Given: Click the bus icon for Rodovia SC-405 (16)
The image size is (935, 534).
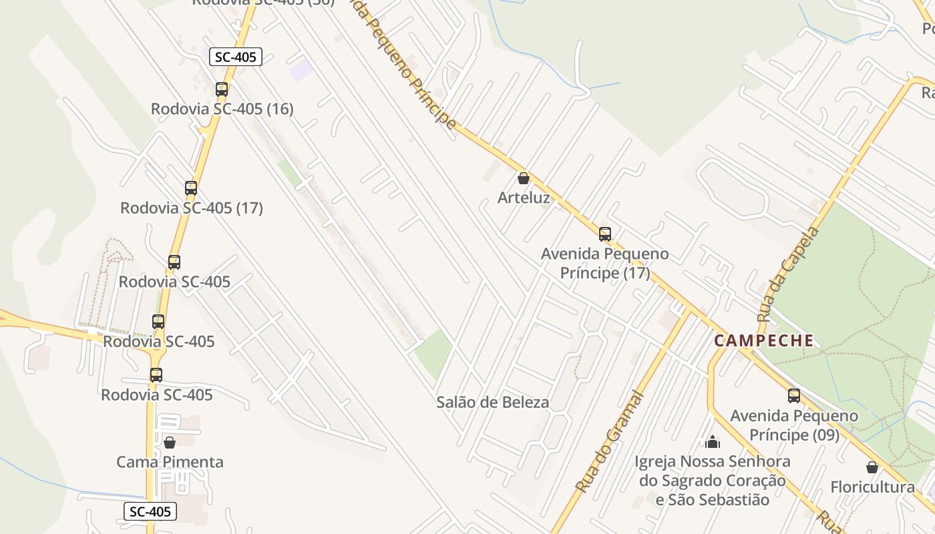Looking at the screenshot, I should click(x=221, y=89).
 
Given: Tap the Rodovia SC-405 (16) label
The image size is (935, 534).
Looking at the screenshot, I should click(x=222, y=109).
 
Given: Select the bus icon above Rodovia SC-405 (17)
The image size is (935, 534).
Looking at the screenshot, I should click(x=191, y=188).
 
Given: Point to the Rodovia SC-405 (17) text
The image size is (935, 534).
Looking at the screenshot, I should click(x=191, y=208).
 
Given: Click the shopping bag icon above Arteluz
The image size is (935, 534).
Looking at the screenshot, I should click(x=524, y=178).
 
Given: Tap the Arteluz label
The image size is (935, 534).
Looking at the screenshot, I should click(x=524, y=198).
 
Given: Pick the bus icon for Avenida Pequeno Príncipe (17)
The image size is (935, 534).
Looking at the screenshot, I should click(x=605, y=234).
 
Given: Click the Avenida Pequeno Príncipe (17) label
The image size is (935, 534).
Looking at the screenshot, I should click(x=604, y=264).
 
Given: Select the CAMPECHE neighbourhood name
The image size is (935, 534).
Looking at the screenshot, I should click(x=764, y=340).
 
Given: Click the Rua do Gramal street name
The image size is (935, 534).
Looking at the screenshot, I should click(x=610, y=442).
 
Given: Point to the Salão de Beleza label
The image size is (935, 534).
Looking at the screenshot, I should click(x=493, y=402).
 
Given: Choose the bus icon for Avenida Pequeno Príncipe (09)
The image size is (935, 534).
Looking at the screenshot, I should click(x=794, y=396).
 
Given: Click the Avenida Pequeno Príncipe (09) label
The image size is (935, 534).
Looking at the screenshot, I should click(x=794, y=425).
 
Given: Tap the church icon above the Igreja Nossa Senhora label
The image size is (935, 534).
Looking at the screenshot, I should click(x=713, y=442).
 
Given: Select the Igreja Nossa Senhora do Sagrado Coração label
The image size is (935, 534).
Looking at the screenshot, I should click(x=712, y=481).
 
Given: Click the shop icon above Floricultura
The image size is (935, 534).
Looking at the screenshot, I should click(x=872, y=467).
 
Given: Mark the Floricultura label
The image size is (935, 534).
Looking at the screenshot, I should click(x=872, y=487).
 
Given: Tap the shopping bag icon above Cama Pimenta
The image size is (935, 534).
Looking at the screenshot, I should click(x=170, y=442).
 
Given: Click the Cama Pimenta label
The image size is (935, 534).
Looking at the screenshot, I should click(x=170, y=462).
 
